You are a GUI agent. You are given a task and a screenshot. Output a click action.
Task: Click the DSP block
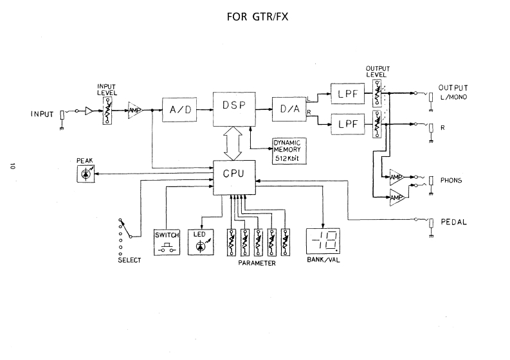coord(234,109)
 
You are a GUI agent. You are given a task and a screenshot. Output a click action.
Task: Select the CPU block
coord(234,177)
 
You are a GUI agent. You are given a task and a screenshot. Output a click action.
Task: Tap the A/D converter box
coord(179,109)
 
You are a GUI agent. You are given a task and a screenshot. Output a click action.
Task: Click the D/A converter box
coord(289,109)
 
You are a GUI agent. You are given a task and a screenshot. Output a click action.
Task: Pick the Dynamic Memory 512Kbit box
coord(289,151)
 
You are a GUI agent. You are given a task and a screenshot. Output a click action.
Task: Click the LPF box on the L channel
coord(348,94)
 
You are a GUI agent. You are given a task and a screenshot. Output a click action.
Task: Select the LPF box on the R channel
coord(348,124)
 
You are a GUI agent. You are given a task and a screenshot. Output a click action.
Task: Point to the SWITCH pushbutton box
coord(167,242)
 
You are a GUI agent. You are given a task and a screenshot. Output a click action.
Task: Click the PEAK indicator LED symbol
coord(86,174)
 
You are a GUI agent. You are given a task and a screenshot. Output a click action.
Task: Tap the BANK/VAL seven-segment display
coord(323,241)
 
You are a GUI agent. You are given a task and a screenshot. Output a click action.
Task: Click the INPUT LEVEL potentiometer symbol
coord(107,111)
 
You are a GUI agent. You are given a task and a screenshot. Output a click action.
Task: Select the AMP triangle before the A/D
coord(135,110)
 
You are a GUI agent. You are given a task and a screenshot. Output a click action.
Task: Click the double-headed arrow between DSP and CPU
coord(233,143)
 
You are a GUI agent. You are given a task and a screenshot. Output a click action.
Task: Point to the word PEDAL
coord(454,222)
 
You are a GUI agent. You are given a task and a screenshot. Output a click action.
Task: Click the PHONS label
coord(451,180)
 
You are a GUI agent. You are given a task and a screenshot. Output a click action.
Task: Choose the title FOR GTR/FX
coord(257,17)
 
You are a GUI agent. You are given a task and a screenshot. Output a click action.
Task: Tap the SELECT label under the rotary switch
coord(129,260)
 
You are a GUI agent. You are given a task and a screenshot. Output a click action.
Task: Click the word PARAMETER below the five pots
coord(257,263)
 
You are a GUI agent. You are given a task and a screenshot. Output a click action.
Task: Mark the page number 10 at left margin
coord(13,166)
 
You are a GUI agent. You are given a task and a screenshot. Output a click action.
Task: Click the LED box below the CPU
coord(201,242)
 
